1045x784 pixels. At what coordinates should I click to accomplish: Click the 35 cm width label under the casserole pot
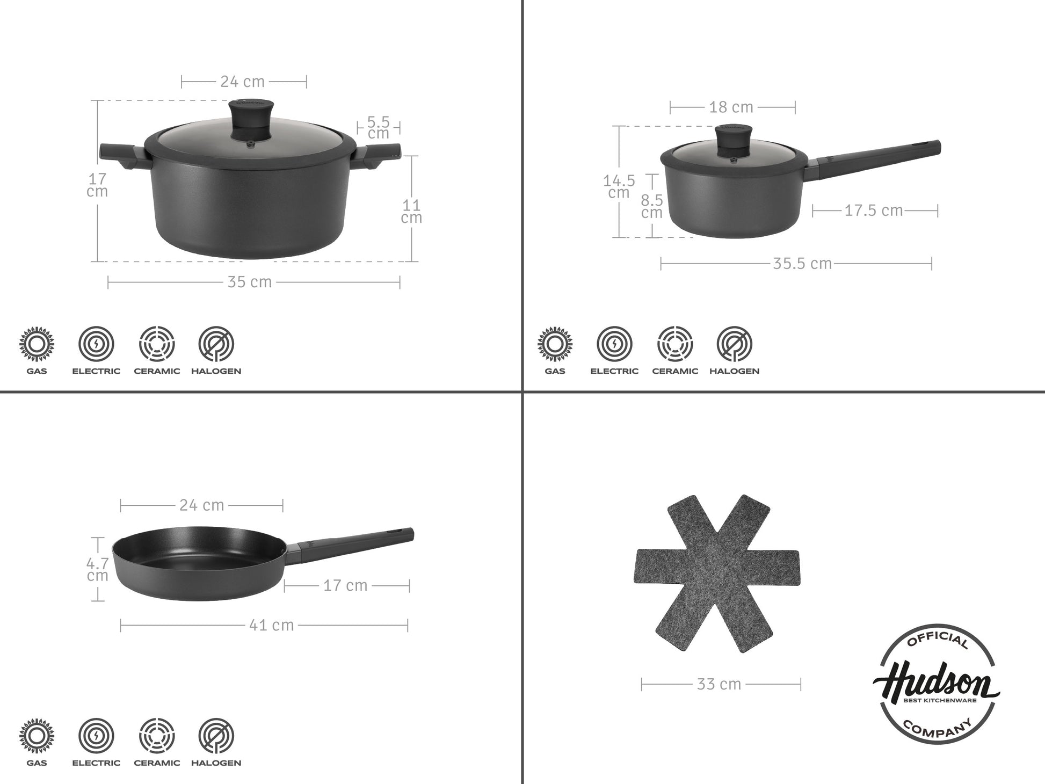tap(250, 282)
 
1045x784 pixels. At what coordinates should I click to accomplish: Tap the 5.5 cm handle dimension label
tap(379, 128)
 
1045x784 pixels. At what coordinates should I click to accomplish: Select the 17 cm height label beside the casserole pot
tap(97, 185)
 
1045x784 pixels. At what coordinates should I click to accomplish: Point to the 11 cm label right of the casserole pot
tap(412, 211)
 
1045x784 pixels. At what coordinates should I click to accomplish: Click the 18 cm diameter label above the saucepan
tap(731, 107)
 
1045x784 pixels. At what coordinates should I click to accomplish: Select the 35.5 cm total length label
tap(802, 264)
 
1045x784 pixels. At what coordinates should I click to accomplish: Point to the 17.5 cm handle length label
tap(874, 210)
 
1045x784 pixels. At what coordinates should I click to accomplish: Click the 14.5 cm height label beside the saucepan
tap(619, 186)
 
